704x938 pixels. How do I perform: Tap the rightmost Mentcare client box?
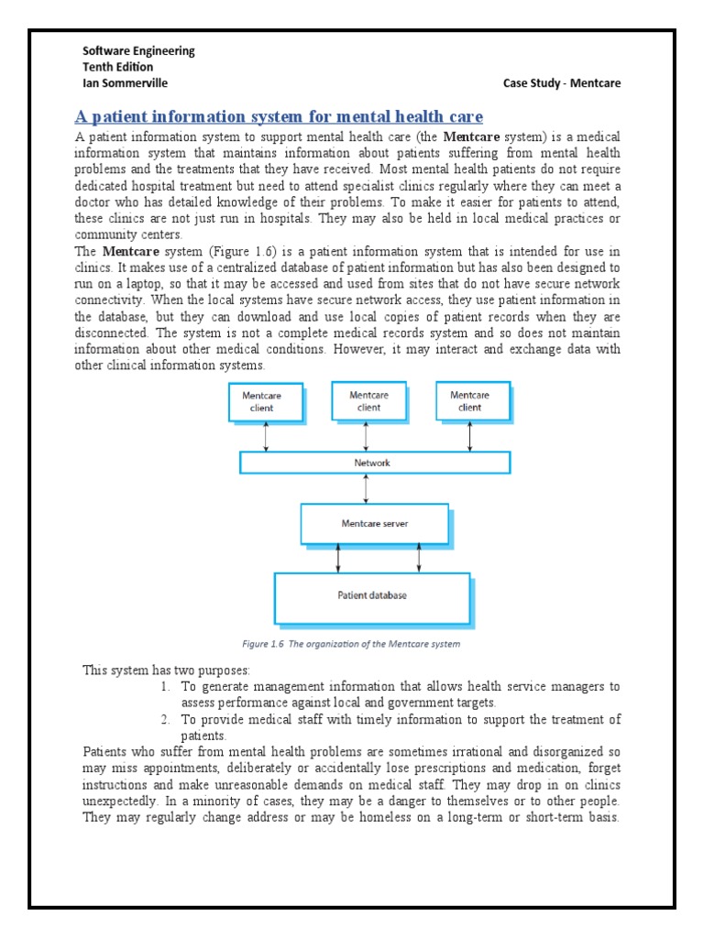click(469, 400)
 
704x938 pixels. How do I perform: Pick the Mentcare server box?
click(374, 523)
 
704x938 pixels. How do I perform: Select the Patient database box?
click(371, 596)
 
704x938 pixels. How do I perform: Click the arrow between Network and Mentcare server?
click(367, 488)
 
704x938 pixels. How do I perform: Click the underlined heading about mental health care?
click(278, 116)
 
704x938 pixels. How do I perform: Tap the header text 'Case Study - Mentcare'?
click(562, 83)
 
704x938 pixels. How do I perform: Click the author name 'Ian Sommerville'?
click(126, 83)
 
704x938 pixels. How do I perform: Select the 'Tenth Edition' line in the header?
click(118, 67)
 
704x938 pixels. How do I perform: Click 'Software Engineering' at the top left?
click(138, 51)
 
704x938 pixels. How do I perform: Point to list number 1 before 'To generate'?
click(165, 686)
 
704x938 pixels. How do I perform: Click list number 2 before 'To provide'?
click(165, 719)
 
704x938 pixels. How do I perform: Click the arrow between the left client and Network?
click(266, 437)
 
